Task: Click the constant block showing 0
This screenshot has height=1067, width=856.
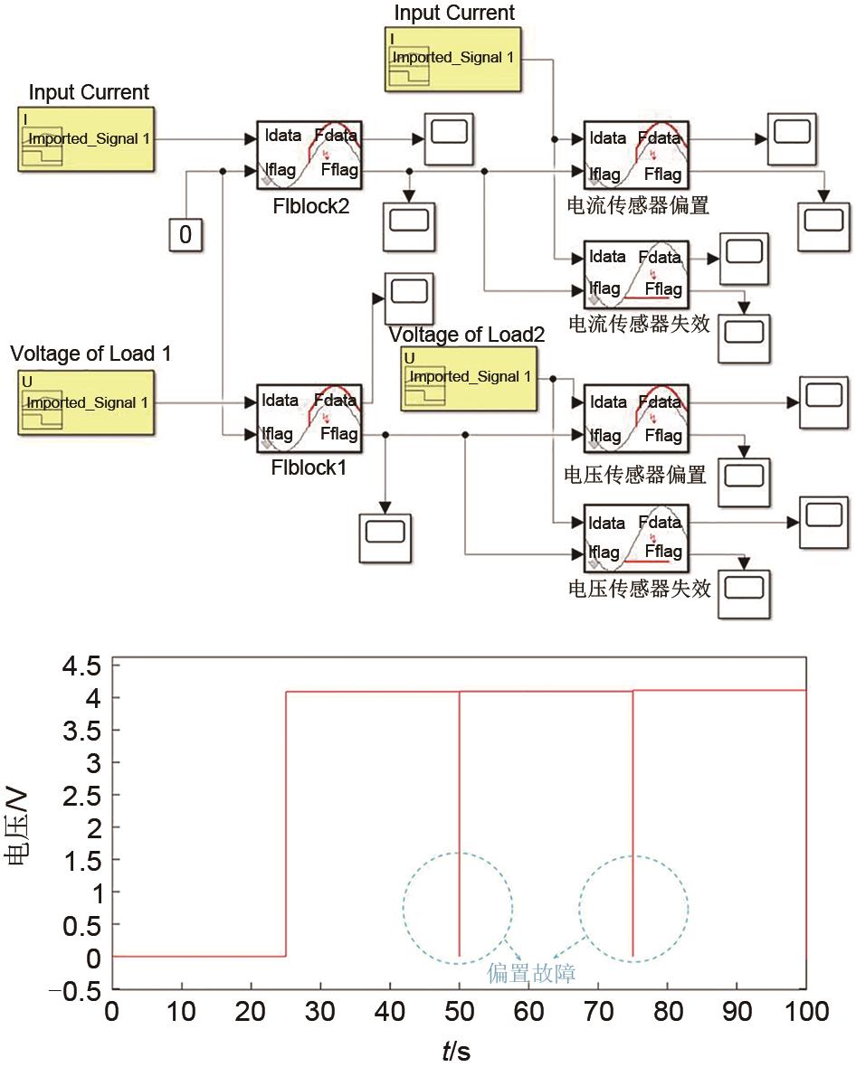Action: point(185,235)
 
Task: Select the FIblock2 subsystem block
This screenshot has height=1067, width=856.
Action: point(309,154)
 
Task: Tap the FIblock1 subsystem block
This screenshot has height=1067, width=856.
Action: point(309,417)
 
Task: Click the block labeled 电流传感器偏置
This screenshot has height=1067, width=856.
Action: point(636,154)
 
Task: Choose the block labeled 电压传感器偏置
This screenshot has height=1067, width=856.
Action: point(636,418)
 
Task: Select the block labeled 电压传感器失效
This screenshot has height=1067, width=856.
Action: point(636,537)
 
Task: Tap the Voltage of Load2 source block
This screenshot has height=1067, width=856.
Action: point(467,377)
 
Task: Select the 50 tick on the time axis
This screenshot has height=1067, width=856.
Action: point(460,1012)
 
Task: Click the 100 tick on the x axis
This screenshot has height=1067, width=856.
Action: point(805,1012)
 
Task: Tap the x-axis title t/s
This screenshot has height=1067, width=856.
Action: point(456,1051)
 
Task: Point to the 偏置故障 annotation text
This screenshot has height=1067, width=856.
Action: point(531,973)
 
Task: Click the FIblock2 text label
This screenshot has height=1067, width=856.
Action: point(311,206)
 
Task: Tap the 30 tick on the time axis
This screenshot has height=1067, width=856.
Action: point(321,1012)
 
